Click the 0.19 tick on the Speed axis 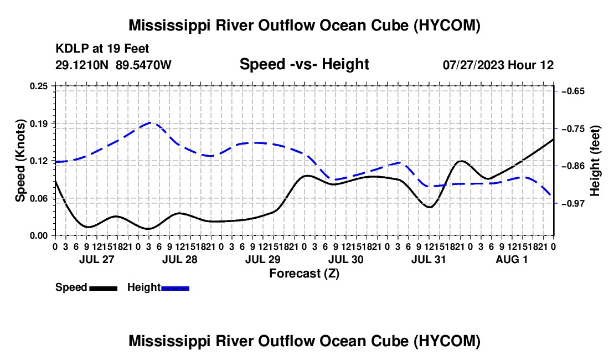coord(39,124)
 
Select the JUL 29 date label coord(262,259)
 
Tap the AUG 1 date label coord(512,259)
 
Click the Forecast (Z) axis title coord(304,274)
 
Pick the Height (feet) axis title coord(595,161)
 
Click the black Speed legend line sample coord(104,288)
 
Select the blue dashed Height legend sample coord(175,288)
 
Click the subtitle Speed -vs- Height coord(304,64)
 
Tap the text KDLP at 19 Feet coord(102,49)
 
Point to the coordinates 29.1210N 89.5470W coord(113,65)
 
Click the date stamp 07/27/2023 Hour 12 coord(498,65)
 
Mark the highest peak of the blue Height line coord(151,122)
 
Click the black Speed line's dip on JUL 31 coord(430,207)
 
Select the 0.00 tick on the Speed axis coord(39,235)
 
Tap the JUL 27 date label coord(97,259)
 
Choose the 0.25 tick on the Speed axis coord(39,86)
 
